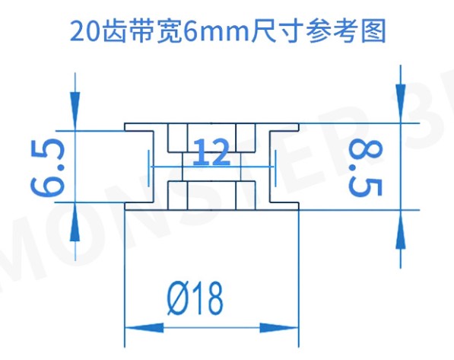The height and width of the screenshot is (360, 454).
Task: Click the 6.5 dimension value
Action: [x=47, y=167]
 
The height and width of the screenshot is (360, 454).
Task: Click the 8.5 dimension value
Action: [x=365, y=168]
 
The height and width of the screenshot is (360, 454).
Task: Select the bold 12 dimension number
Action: [x=211, y=151]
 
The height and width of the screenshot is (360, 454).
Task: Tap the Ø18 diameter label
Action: [x=195, y=298]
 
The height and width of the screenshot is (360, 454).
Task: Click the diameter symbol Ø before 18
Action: [x=178, y=298]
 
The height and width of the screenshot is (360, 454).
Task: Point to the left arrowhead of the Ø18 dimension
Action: [x=144, y=328]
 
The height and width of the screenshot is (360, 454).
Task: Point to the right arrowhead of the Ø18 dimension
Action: [x=279, y=328]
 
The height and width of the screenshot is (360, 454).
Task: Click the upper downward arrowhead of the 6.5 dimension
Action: [x=75, y=111]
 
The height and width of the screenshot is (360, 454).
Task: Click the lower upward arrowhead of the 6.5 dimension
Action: [x=75, y=221]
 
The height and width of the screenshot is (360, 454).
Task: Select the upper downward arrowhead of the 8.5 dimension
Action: [x=401, y=104]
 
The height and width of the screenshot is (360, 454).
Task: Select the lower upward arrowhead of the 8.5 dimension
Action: [x=401, y=229]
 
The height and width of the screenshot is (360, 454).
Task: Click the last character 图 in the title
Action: [x=373, y=30]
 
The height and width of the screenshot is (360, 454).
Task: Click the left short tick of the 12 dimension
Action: [x=149, y=168]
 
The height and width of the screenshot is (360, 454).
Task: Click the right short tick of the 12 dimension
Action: [x=275, y=168]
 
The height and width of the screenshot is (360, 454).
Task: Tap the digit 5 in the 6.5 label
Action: [x=48, y=151]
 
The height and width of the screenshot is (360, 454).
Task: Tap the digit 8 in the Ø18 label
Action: [x=212, y=298]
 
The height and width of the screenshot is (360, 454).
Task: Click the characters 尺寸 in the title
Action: [x=277, y=30]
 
